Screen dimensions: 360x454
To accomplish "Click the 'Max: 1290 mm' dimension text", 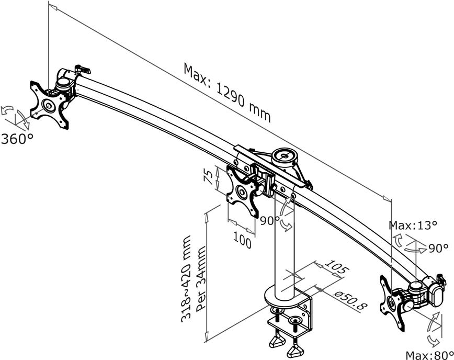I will pos(227,92).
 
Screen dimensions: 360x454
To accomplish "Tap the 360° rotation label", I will pos(17,139).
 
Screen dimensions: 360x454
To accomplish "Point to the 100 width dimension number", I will pos(242,241).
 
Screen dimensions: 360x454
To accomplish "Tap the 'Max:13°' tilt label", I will pos(413,226).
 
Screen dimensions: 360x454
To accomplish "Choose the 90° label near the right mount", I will pos(438,249).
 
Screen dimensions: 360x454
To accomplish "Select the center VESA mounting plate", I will pos(242,191).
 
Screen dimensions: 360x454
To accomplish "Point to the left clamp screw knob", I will pos(277,341).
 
